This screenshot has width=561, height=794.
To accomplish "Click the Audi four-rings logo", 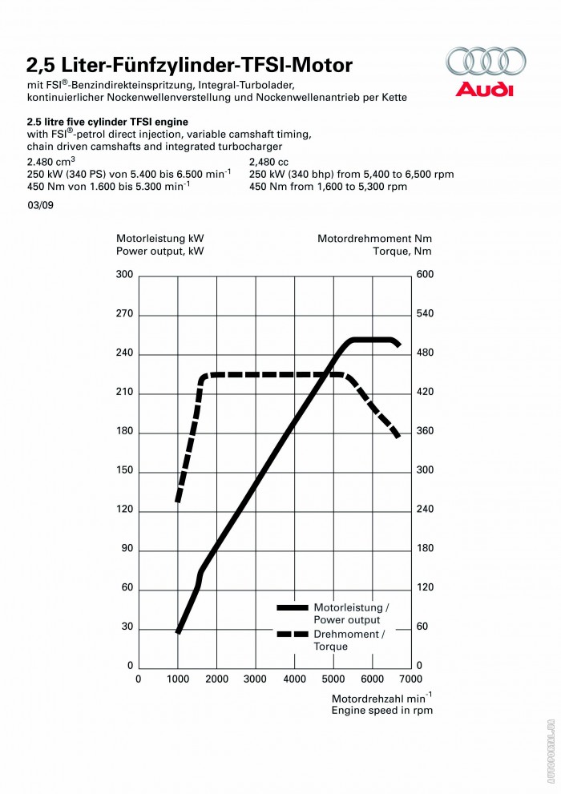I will [x=486, y=62].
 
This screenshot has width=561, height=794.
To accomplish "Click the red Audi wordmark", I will [x=484, y=89].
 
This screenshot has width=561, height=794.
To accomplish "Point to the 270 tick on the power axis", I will [x=124, y=314].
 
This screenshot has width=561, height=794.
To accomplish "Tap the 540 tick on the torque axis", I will [x=424, y=314].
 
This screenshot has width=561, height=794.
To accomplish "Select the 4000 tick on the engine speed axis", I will [x=294, y=679].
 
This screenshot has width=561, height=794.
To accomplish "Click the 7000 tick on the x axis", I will [x=410, y=679].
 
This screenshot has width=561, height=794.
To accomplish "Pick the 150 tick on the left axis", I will [x=124, y=471].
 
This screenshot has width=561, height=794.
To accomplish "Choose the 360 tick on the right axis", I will [x=424, y=431].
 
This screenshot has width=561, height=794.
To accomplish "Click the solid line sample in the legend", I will [x=292, y=608].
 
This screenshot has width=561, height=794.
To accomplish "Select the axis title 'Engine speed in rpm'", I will [x=381, y=709].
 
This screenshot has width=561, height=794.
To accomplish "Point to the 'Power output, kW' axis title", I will [x=160, y=251].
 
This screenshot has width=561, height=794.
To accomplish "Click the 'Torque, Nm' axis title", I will [x=402, y=251].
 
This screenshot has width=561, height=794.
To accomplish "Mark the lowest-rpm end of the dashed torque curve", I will [x=178, y=501].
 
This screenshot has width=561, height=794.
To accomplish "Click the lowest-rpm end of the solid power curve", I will [x=178, y=632].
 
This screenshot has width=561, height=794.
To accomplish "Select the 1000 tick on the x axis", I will [x=177, y=679].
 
